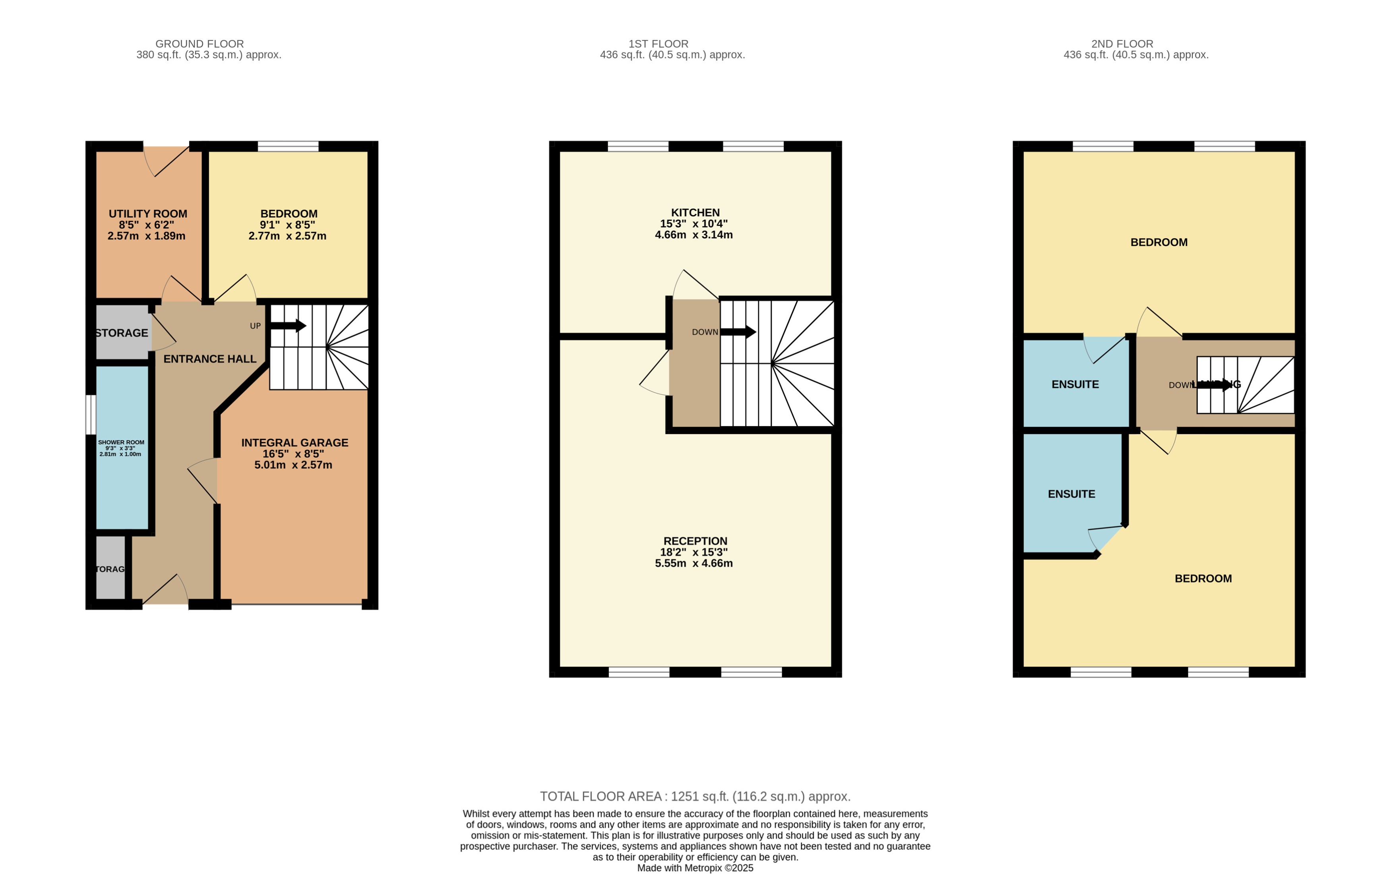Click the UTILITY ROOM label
tap(148, 214)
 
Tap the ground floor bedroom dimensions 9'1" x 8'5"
tap(288, 225)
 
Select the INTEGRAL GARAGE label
tap(294, 443)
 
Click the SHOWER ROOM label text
tap(121, 443)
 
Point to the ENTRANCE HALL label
tap(210, 359)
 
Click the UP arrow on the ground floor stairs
tap(288, 326)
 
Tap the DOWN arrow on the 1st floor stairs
tap(738, 332)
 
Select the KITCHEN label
tap(695, 212)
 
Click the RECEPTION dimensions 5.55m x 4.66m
tap(694, 563)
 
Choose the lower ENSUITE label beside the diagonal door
tap(1071, 494)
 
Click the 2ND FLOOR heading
tap(1122, 44)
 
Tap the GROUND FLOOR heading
tap(199, 44)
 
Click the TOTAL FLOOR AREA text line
tap(695, 797)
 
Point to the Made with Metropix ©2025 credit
tap(695, 868)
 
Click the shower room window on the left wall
tap(91, 415)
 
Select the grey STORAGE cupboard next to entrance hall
tap(122, 333)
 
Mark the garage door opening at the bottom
tap(296, 604)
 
